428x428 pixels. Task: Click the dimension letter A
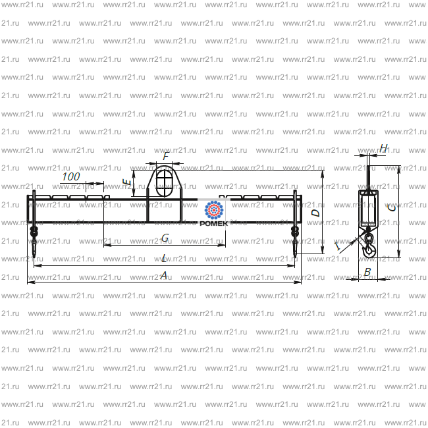click(164, 275)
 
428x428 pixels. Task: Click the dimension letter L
click(164, 258)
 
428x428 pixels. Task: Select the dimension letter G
click(165, 238)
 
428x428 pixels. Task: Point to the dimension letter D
click(316, 213)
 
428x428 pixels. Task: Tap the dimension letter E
click(127, 182)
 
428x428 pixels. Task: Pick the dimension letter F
click(166, 157)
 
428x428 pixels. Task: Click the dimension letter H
click(383, 148)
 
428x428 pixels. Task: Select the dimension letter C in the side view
click(392, 208)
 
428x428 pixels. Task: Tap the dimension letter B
click(367, 272)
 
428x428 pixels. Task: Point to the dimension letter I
click(338, 246)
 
